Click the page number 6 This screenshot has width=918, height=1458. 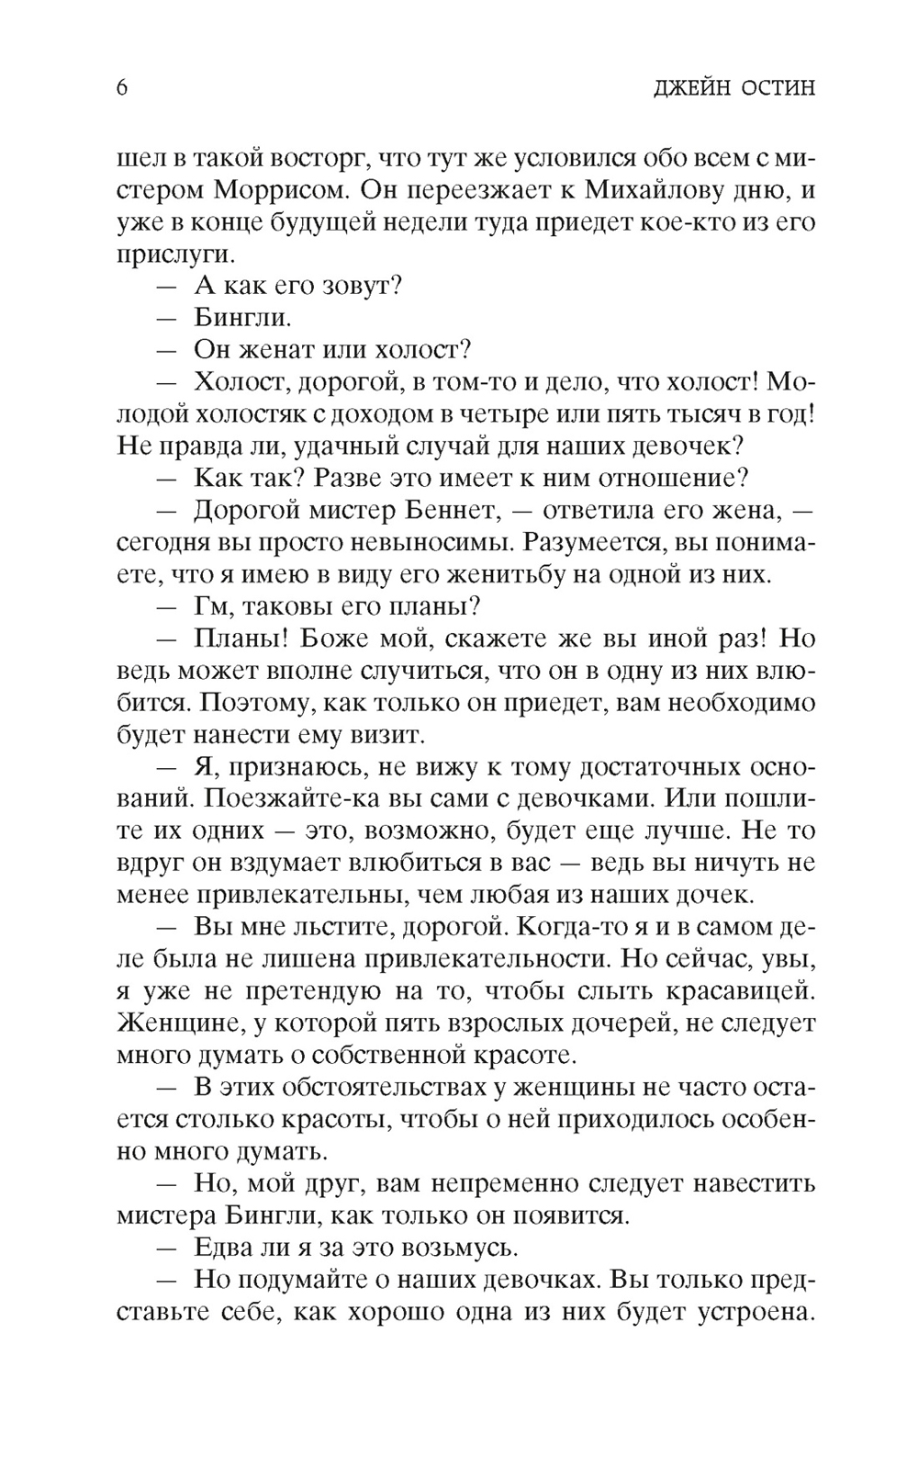pyautogui.click(x=122, y=88)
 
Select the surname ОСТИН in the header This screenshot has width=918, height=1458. pyautogui.click(x=775, y=89)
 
